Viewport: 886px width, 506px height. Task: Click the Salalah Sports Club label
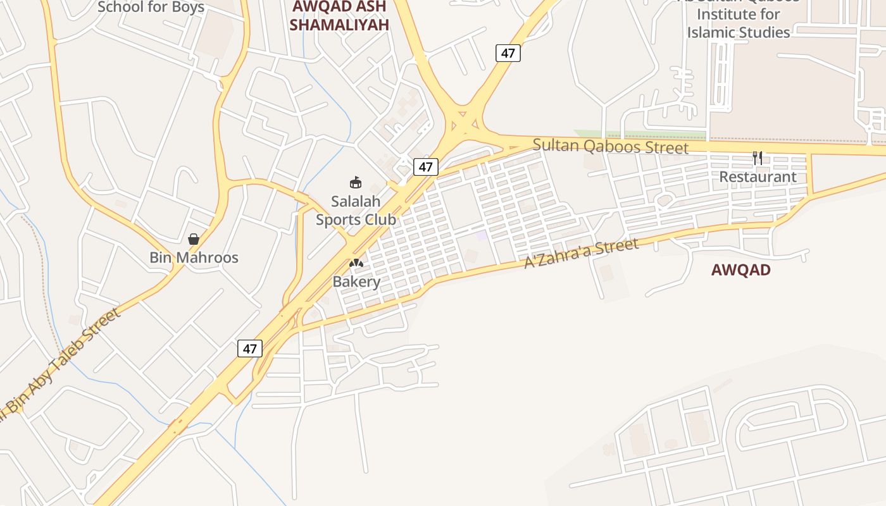point(356,211)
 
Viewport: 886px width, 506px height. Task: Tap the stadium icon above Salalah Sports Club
point(356,183)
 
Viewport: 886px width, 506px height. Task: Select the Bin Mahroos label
point(194,257)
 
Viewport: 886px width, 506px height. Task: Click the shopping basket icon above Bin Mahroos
point(194,239)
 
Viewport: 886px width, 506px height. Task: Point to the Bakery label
point(356,281)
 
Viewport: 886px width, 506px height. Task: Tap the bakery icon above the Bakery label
point(356,262)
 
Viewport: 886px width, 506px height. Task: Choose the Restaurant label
point(758,176)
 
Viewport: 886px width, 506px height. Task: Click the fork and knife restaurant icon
point(758,157)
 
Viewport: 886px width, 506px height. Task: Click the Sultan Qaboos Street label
point(610,146)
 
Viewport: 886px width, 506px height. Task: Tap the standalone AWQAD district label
point(740,270)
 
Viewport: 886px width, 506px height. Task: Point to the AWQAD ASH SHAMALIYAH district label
point(339,16)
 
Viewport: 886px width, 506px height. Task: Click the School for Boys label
point(151,8)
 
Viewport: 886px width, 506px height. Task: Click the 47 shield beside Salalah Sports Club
point(426,167)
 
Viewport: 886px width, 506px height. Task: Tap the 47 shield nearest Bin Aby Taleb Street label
point(250,349)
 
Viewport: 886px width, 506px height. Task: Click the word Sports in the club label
point(356,219)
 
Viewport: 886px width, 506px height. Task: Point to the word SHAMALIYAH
point(339,25)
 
